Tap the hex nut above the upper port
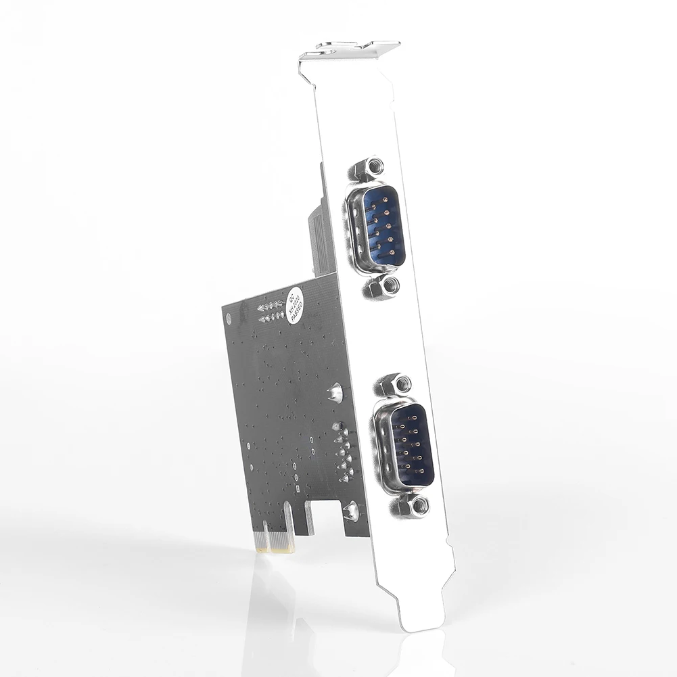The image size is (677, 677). point(367,167)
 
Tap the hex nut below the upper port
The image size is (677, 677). point(383,287)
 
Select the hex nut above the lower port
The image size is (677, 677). point(395,384)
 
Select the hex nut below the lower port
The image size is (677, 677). point(413,504)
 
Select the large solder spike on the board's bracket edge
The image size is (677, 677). point(334,392)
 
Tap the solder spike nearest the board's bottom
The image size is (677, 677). point(350,511)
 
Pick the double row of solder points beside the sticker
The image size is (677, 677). point(270,312)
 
